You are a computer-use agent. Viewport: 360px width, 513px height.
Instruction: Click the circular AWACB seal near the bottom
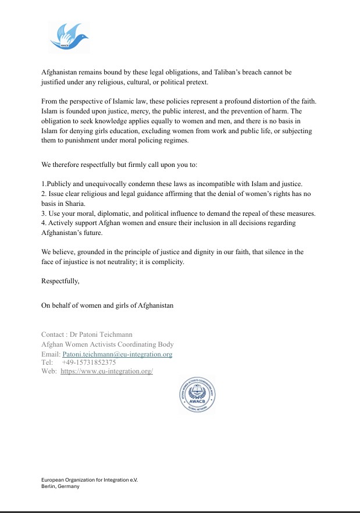(x=197, y=395)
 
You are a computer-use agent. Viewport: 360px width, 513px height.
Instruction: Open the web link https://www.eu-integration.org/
(x=106, y=372)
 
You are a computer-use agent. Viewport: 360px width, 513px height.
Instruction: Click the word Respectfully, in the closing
(x=61, y=281)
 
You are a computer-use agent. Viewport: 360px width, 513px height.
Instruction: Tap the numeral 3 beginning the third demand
(x=43, y=213)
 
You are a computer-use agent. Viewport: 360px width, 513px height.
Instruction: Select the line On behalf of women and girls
(x=108, y=305)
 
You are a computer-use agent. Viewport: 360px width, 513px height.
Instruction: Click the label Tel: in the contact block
(x=47, y=363)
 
